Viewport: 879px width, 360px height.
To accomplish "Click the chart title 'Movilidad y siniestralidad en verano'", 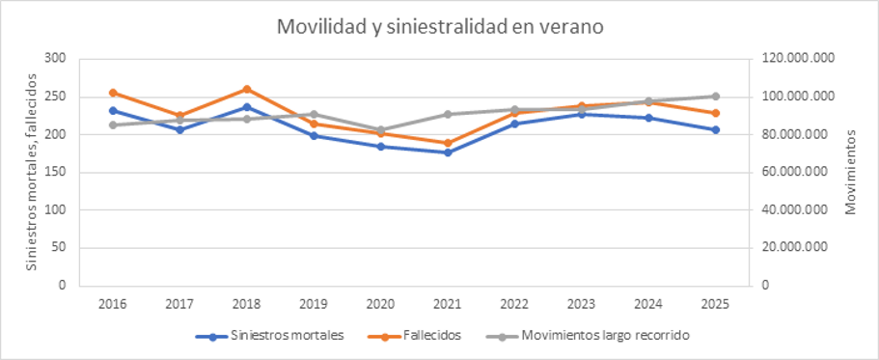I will (x=440, y=26).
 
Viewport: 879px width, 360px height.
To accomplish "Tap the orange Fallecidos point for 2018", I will (x=247, y=89).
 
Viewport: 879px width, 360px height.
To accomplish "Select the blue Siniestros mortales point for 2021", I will (x=448, y=152).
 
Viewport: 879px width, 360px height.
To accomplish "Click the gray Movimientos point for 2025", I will (x=715, y=96).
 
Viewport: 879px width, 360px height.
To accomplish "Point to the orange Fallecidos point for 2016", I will (x=113, y=93).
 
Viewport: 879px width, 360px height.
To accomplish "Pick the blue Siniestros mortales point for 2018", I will (x=247, y=107).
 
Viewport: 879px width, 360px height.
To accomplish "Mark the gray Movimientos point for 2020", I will (x=380, y=130).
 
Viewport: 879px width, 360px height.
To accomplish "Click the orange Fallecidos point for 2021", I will (x=448, y=143).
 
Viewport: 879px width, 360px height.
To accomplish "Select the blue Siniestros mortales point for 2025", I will (x=715, y=129).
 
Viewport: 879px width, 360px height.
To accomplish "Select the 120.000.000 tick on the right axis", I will (x=796, y=59).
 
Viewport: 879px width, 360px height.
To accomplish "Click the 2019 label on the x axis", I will (x=314, y=304).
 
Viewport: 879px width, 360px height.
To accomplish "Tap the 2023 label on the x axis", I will (x=581, y=304).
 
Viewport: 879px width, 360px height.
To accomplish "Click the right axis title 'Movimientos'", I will (x=850, y=172).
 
